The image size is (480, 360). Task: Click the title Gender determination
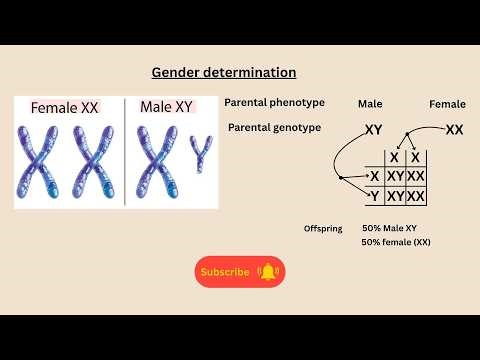pos(224,73)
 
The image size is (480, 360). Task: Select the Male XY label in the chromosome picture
pos(166,106)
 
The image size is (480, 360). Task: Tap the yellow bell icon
pos(267,271)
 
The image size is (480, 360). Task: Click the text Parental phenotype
pos(274,103)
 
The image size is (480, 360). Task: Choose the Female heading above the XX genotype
pos(447,104)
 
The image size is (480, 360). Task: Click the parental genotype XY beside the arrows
pos(374,129)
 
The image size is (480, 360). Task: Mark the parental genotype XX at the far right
pos(454,129)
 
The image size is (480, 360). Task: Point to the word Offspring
pos(323,229)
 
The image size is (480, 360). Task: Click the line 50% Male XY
pos(390,229)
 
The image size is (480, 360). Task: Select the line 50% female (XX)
pos(396,243)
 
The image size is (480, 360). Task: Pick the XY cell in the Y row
pos(395,196)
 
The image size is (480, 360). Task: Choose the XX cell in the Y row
pos(415,196)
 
